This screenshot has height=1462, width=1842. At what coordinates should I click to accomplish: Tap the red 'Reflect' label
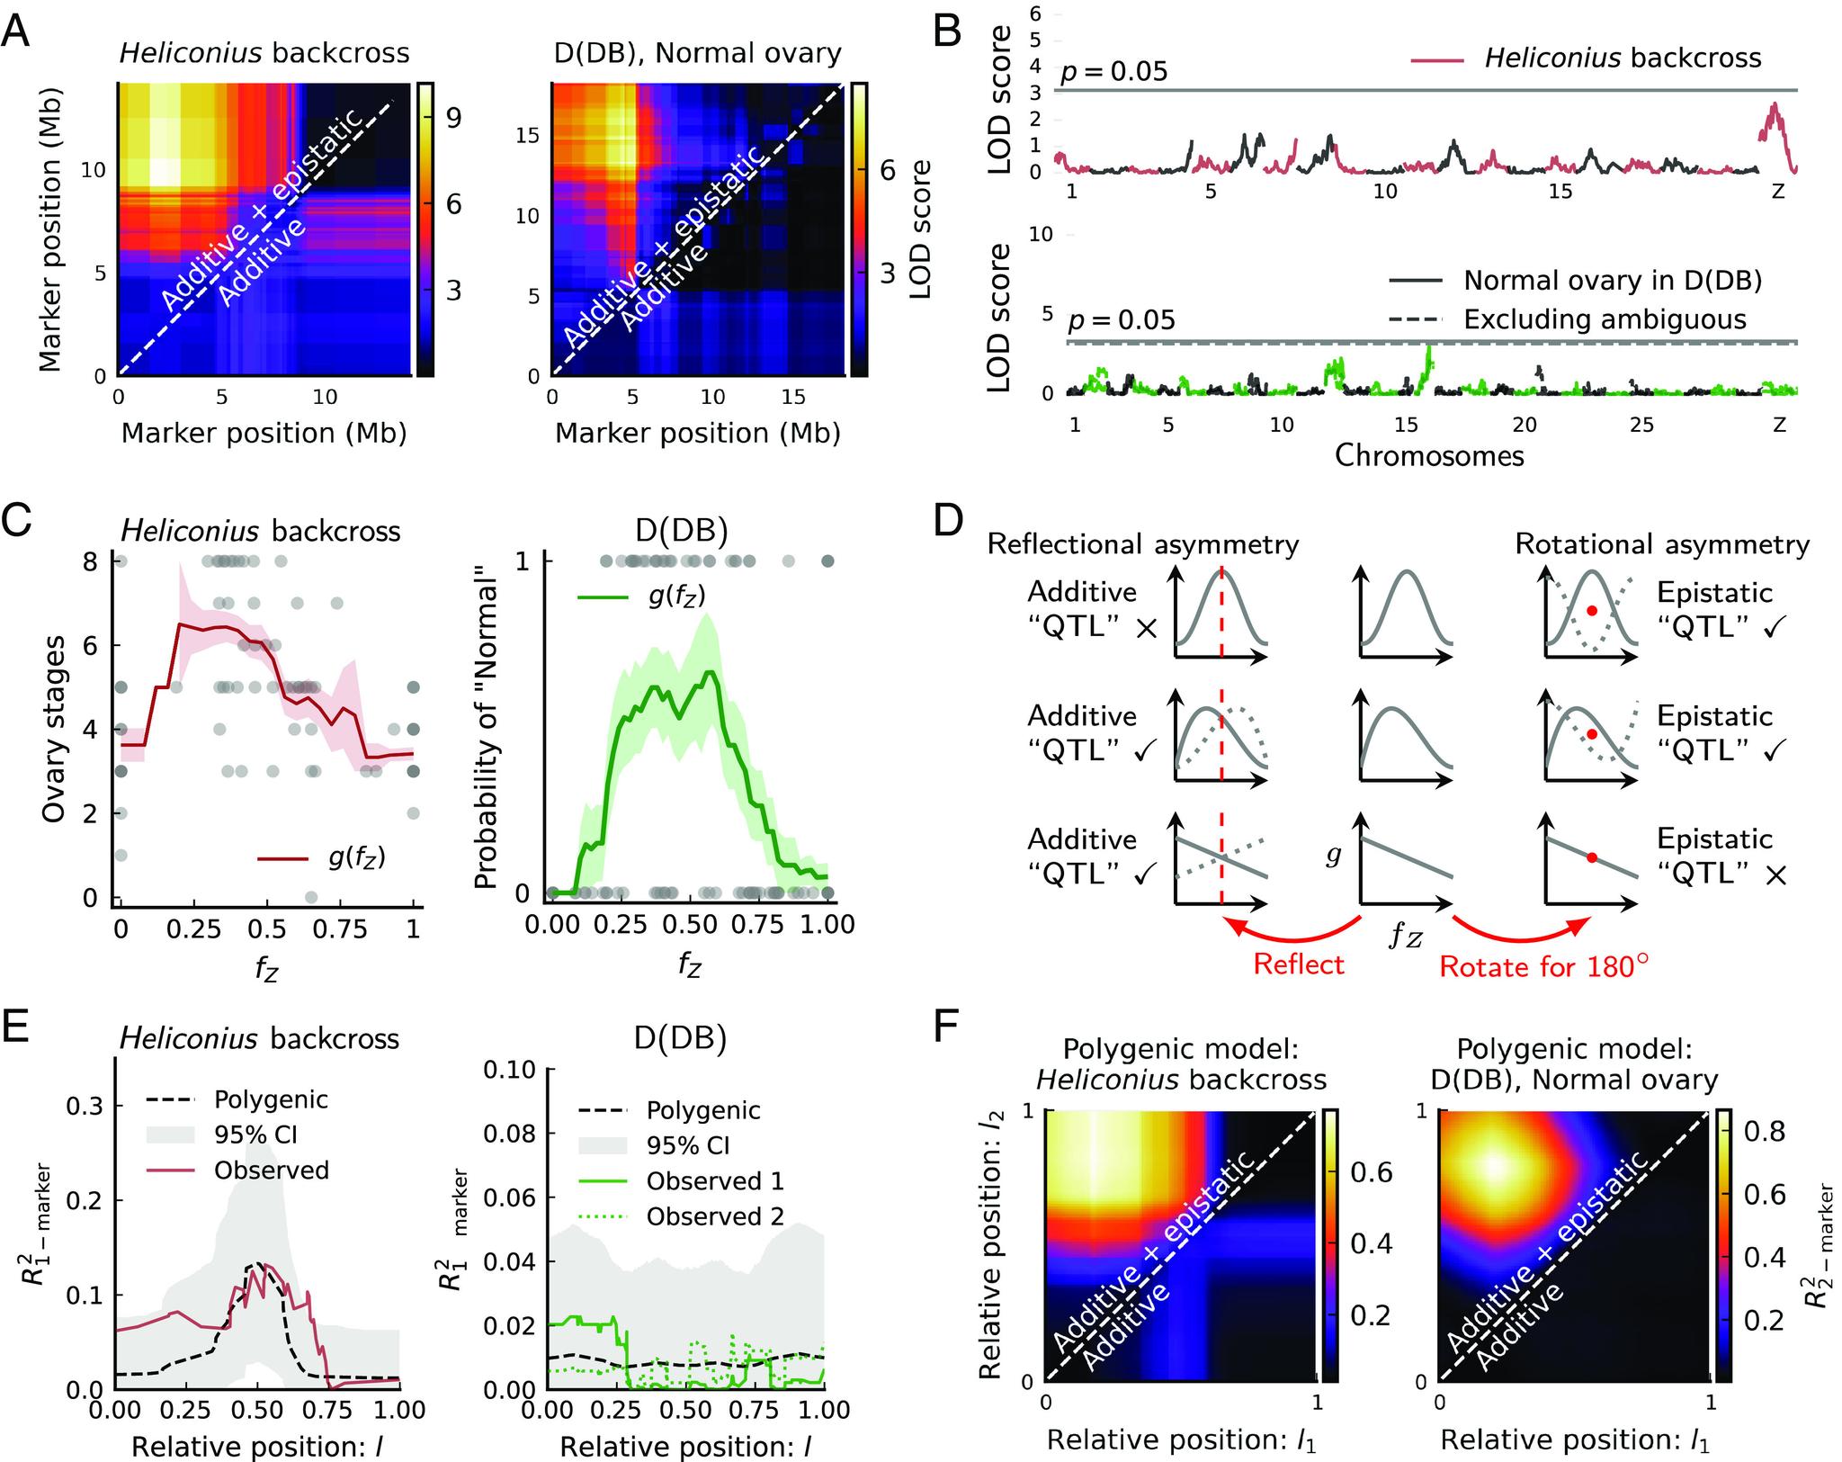point(1298,965)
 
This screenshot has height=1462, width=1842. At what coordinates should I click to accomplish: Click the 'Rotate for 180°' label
point(1544,967)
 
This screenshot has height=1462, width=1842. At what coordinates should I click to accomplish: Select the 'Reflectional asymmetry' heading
point(1142,544)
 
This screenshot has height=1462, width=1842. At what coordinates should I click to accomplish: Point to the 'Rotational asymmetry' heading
point(1662,544)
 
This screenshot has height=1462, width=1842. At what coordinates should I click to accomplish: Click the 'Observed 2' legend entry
point(715,1217)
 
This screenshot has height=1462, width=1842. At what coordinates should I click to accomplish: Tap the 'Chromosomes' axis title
point(1429,455)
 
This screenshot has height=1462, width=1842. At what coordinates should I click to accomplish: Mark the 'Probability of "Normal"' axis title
point(485,728)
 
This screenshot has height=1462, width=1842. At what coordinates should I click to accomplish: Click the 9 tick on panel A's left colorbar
point(454,118)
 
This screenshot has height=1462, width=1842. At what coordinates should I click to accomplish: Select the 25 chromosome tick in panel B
point(1642,424)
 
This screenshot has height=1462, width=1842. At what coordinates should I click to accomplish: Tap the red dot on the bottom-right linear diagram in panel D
point(1591,857)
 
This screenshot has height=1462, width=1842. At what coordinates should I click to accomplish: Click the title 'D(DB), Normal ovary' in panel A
point(697,54)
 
